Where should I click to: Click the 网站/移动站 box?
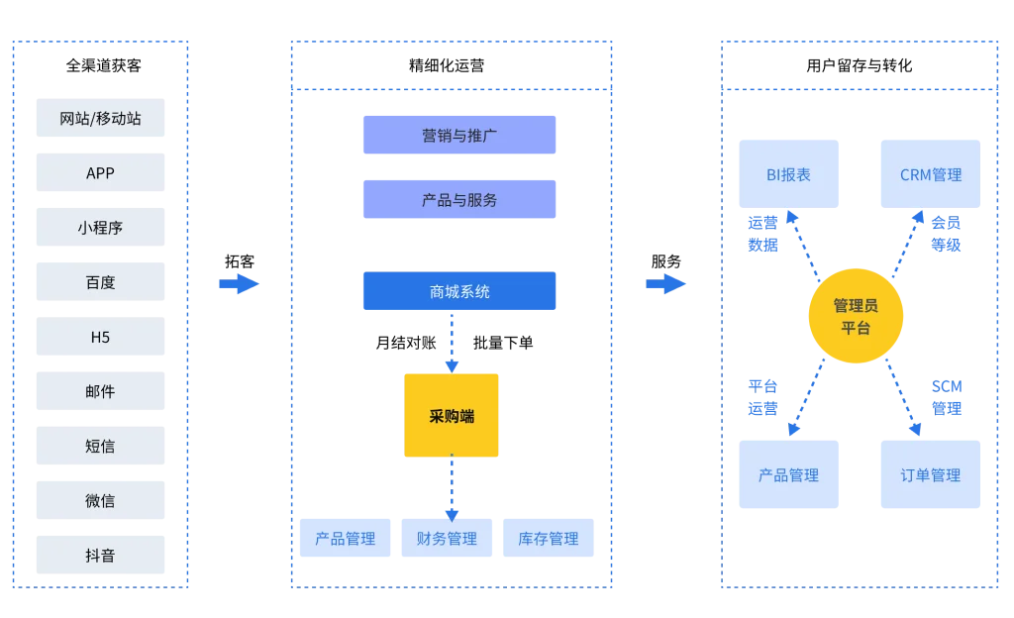click(99, 119)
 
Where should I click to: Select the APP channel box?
click(99, 173)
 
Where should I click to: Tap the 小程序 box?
click(99, 228)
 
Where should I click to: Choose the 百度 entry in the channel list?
click(99, 282)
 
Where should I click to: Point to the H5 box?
click(99, 337)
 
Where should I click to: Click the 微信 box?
click(99, 500)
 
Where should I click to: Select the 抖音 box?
click(99, 555)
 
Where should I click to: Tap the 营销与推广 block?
click(459, 136)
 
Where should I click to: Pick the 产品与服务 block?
click(459, 199)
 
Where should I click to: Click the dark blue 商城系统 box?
click(459, 292)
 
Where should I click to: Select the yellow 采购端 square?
click(452, 416)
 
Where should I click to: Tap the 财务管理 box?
click(447, 539)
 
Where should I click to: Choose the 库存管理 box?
click(548, 539)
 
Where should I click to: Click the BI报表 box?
click(788, 174)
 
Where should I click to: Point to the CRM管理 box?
click(931, 174)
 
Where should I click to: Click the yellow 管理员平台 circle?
click(856, 316)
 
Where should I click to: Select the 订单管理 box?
click(931, 475)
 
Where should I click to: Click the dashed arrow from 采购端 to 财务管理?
click(452, 487)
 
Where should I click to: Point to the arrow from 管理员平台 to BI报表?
click(803, 243)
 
